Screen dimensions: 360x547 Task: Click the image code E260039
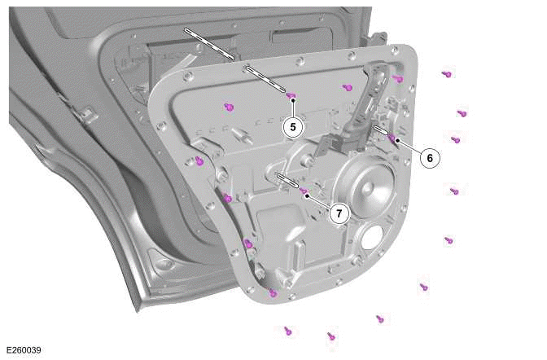tap(24, 350)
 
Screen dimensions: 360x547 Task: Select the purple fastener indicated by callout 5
tap(291, 96)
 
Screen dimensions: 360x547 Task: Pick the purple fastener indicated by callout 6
tap(392, 136)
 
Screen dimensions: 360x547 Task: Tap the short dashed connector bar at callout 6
tap(380, 129)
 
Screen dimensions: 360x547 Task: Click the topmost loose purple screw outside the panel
tap(446, 74)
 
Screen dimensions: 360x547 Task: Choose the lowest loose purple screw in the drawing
tap(330, 336)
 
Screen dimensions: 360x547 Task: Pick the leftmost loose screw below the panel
tap(287, 330)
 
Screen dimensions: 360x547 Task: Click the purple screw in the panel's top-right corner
tap(398, 78)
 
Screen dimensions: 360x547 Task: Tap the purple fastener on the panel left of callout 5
tap(229, 107)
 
